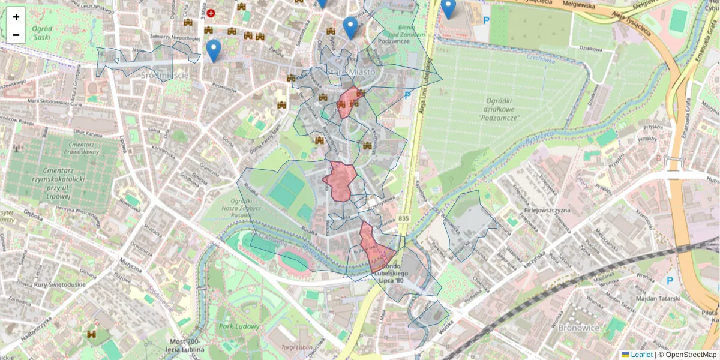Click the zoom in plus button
point(16,17)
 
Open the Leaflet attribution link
point(641,355)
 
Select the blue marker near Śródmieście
point(213,50)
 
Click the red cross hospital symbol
point(211,13)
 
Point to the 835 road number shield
point(403,219)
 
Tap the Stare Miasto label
point(352,72)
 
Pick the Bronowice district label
point(579,328)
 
